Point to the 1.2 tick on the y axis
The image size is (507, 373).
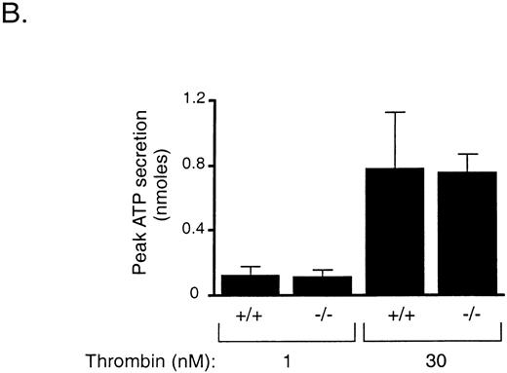tap(199, 99)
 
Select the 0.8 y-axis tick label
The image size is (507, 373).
tap(199, 165)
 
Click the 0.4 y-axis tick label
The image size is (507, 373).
tap(199, 230)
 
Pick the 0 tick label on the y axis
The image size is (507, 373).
tap(206, 295)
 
